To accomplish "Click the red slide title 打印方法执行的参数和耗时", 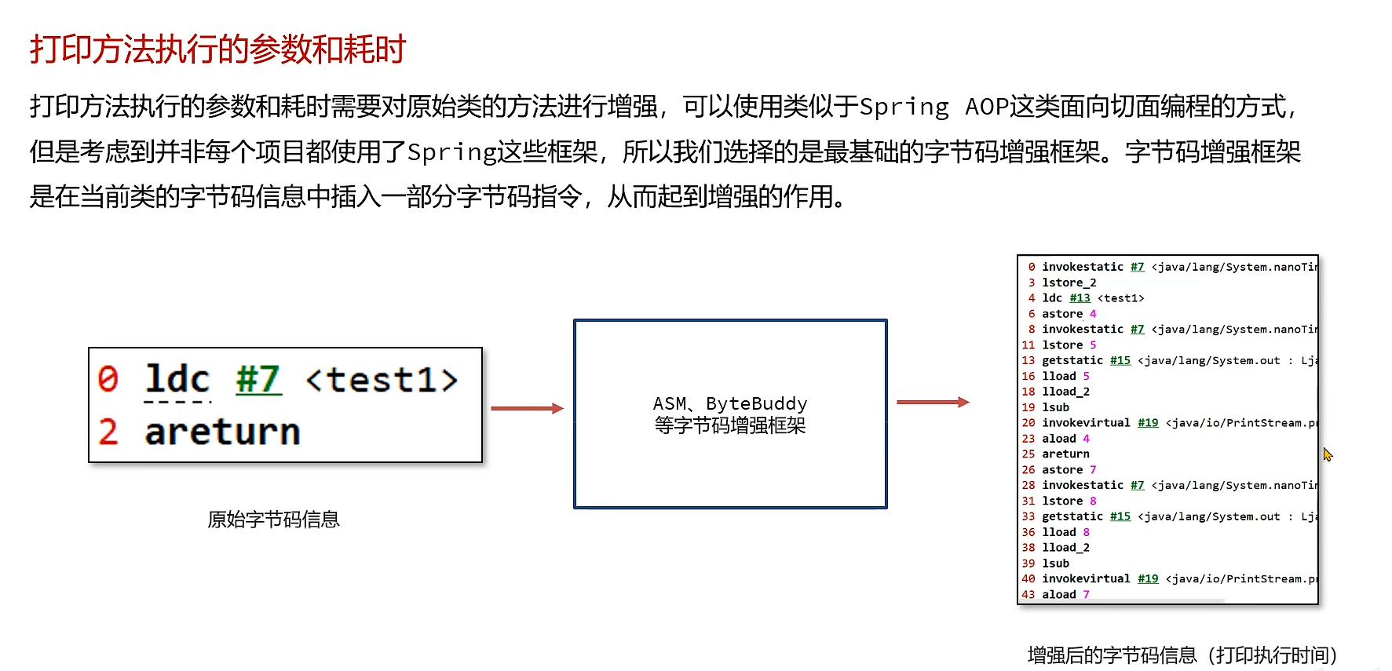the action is (x=217, y=49).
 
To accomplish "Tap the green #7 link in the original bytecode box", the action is (x=258, y=381).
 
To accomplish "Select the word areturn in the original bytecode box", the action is (x=222, y=432).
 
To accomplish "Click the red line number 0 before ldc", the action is (x=108, y=380).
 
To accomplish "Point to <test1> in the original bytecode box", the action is (x=382, y=381).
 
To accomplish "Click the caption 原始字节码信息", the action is (x=273, y=520).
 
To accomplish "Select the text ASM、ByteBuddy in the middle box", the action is (x=729, y=403).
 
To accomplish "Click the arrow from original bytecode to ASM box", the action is (x=527, y=408).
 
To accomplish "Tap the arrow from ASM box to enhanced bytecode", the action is (x=933, y=402).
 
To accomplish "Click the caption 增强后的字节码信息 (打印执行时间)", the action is (x=1182, y=655).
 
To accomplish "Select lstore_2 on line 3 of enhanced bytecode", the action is (x=1069, y=283).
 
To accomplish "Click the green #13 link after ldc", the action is (x=1080, y=298).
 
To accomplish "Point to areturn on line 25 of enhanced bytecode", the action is (x=1065, y=454).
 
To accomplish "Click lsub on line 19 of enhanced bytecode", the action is (x=1055, y=407).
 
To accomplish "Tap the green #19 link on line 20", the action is (x=1148, y=423).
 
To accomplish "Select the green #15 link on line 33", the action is (x=1120, y=516).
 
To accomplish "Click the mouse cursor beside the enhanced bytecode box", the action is (x=1327, y=454).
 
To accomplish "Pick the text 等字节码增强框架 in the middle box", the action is (x=729, y=426).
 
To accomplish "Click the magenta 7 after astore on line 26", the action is (x=1093, y=469).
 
